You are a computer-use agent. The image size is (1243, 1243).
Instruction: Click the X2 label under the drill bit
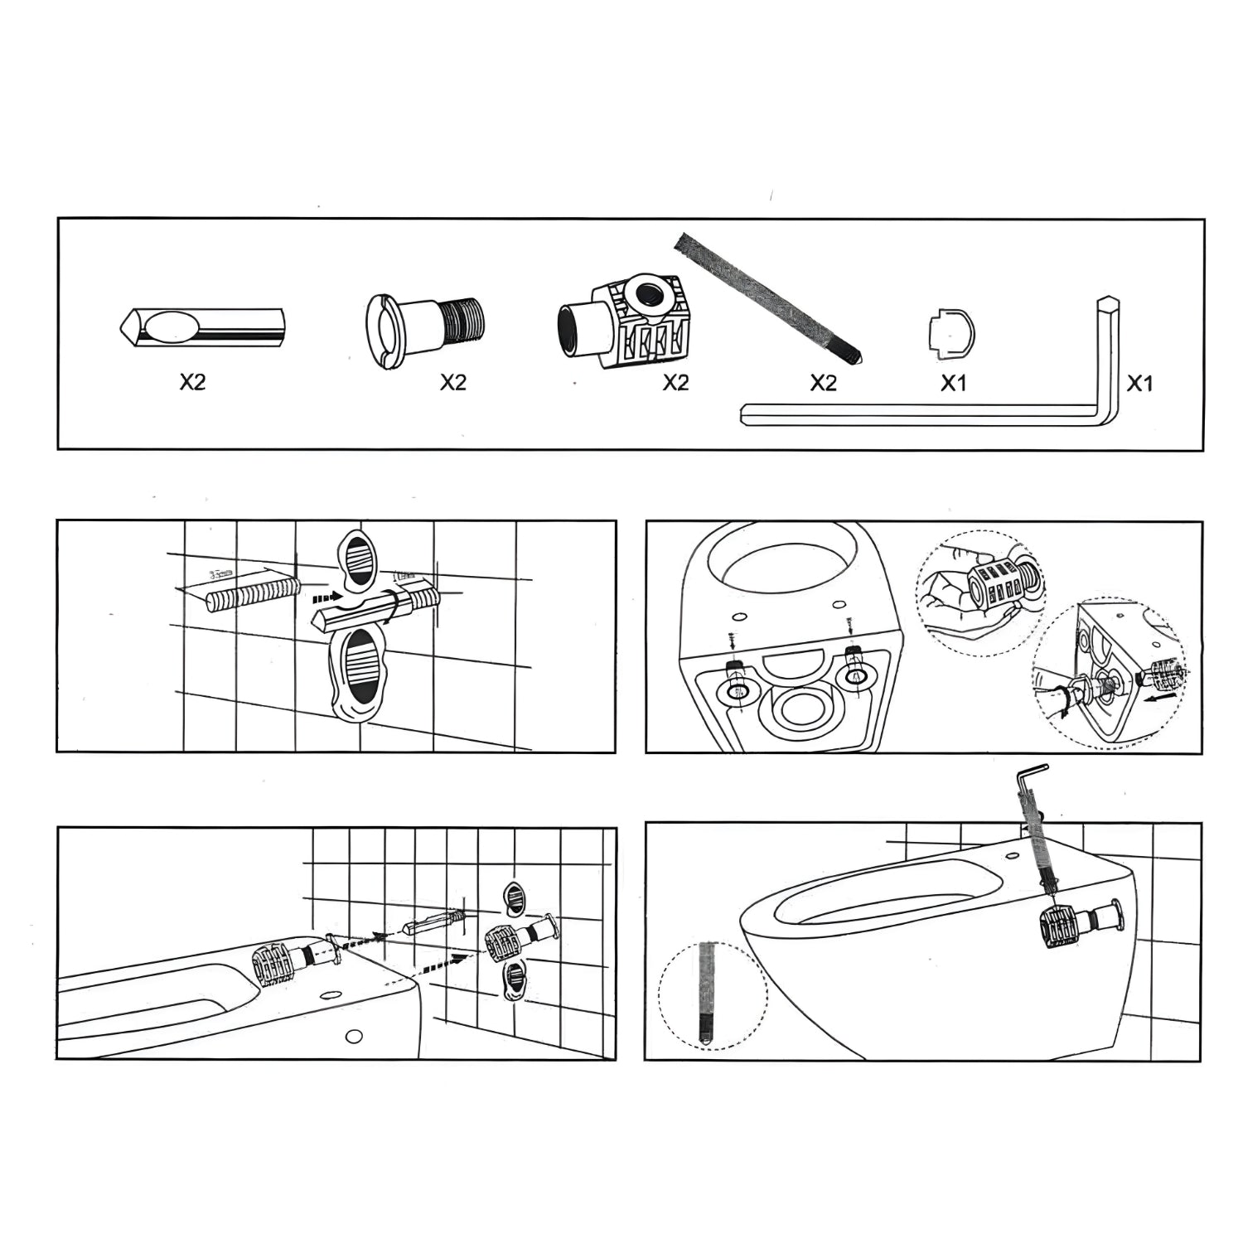coord(192,382)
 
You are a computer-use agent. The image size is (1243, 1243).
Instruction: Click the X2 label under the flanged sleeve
coord(452,382)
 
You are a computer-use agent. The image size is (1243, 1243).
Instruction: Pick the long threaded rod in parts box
coord(767,298)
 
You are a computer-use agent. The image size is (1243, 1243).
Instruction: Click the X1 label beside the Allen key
coord(1139,383)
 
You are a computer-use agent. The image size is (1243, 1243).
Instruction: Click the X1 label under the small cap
coord(953,383)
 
